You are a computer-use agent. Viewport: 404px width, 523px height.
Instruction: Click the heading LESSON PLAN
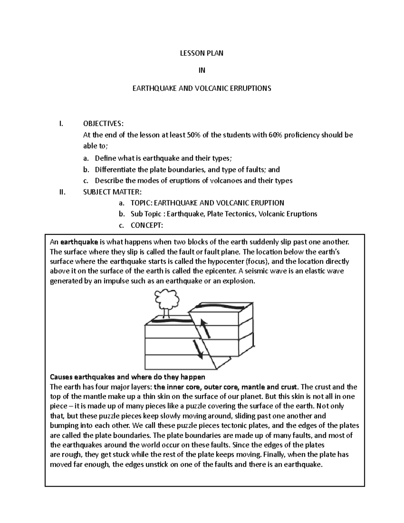pyautogui.click(x=202, y=53)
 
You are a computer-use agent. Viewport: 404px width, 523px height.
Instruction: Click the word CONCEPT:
pyautogui.click(x=146, y=225)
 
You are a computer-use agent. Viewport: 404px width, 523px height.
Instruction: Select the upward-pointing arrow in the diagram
pyautogui.click(x=205, y=328)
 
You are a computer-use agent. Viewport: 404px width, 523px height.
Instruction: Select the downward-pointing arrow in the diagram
pyautogui.click(x=198, y=349)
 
